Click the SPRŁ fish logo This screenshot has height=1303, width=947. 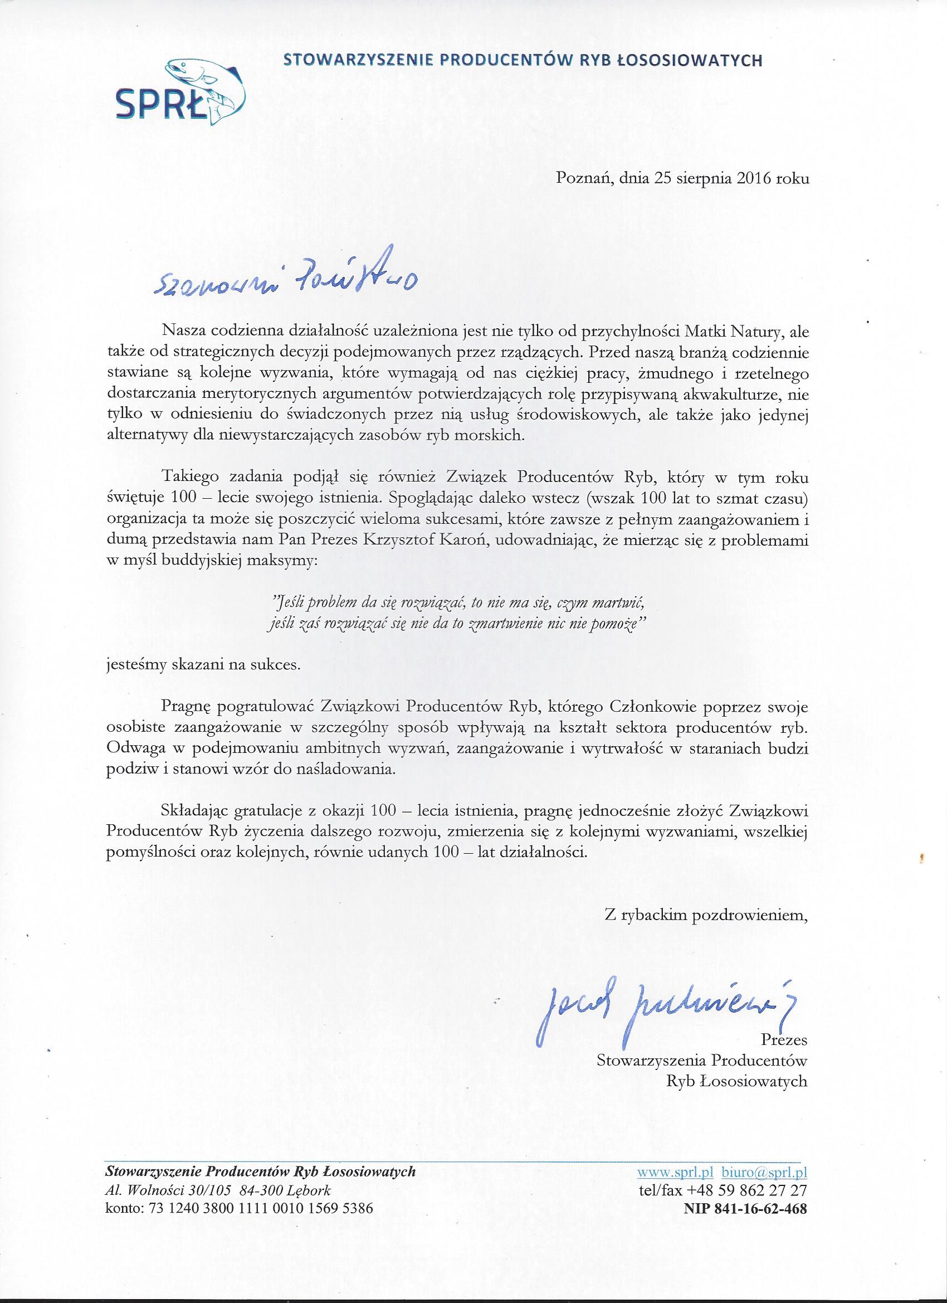pyautogui.click(x=183, y=91)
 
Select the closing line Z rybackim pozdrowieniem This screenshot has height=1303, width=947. pyautogui.click(x=706, y=916)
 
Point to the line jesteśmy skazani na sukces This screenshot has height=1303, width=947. pyautogui.click(x=203, y=665)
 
